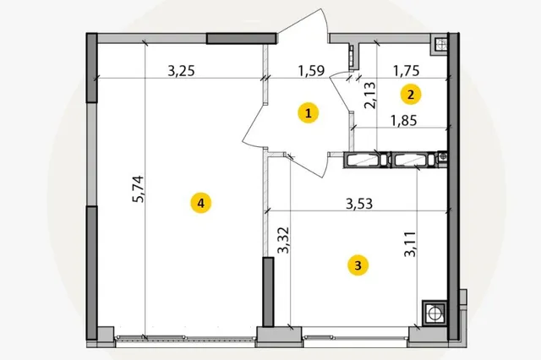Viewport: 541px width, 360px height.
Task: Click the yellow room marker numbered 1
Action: pos(309,113)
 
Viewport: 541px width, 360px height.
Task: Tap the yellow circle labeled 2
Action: pos(411,95)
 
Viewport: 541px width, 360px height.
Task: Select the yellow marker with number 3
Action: pos(358,266)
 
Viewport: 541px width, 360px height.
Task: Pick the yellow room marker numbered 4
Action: pos(201,203)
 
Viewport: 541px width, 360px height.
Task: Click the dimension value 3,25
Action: pos(181,71)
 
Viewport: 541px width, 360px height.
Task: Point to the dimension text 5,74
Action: pos(138,189)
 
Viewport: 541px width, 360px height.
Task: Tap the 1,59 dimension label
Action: pos(312,71)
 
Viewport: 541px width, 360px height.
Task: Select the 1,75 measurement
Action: pos(407,71)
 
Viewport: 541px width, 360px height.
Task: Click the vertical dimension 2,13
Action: pos(370,95)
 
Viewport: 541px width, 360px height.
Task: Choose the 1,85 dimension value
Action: pos(404,121)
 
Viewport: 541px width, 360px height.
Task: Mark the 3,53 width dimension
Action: pos(359,204)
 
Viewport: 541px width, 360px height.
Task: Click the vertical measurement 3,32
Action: pos(284,240)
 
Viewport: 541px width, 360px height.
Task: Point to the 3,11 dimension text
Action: pos(410,244)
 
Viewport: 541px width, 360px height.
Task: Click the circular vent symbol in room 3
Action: pos(434,314)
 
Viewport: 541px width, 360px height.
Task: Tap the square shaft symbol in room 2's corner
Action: pos(440,45)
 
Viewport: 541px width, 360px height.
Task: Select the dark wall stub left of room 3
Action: pos(268,292)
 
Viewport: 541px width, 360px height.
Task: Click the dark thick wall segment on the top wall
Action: pos(242,38)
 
